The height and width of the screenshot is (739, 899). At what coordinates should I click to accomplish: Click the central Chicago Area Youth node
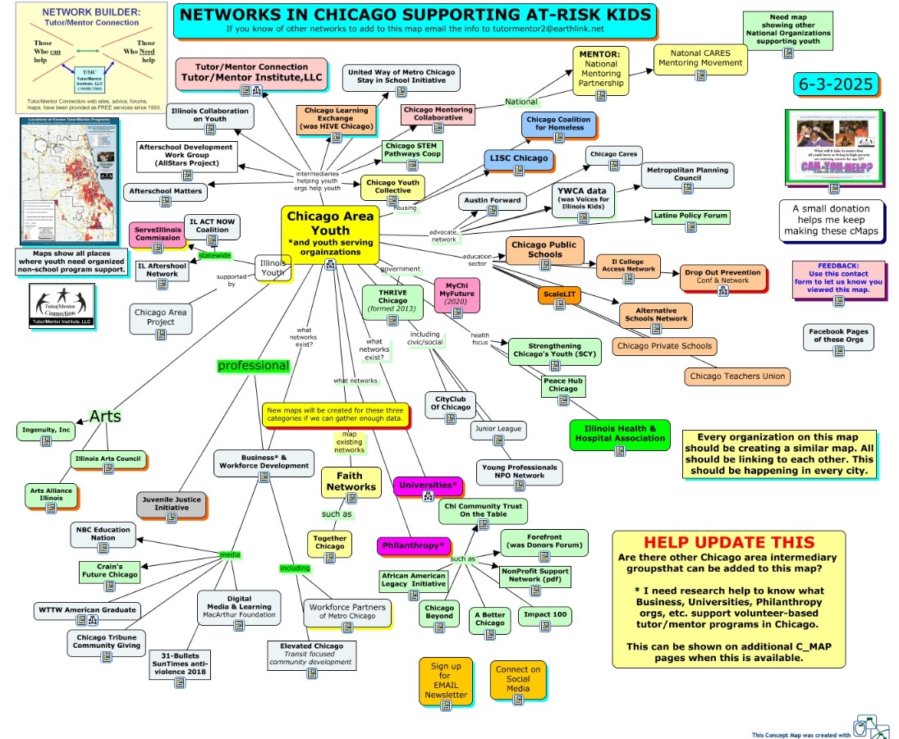(x=330, y=229)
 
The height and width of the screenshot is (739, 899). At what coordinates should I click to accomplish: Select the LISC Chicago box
(x=518, y=159)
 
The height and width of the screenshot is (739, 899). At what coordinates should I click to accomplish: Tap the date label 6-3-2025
(x=834, y=84)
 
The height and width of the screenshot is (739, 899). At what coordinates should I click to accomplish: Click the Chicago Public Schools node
(x=544, y=249)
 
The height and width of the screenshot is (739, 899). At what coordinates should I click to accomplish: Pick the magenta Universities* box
(x=428, y=486)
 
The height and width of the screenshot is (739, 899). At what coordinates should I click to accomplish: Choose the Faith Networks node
(x=351, y=481)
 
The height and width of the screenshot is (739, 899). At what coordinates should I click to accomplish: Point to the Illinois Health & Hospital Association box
(x=620, y=434)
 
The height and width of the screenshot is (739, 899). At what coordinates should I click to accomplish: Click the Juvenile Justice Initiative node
(x=171, y=504)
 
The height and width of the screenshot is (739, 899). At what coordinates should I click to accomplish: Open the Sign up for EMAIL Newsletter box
(x=446, y=681)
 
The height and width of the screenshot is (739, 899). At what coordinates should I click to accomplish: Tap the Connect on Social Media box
(x=518, y=680)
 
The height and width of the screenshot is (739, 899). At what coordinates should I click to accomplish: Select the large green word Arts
(x=105, y=417)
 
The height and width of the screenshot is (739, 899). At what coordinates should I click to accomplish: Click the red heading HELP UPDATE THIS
(x=729, y=542)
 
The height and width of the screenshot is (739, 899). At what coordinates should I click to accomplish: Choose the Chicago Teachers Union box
(x=737, y=376)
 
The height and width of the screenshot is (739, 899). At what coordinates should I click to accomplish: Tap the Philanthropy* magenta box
(x=414, y=545)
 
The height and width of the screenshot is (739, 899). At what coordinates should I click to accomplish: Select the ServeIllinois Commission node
(x=158, y=234)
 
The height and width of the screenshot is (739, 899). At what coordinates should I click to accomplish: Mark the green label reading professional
(x=253, y=366)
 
